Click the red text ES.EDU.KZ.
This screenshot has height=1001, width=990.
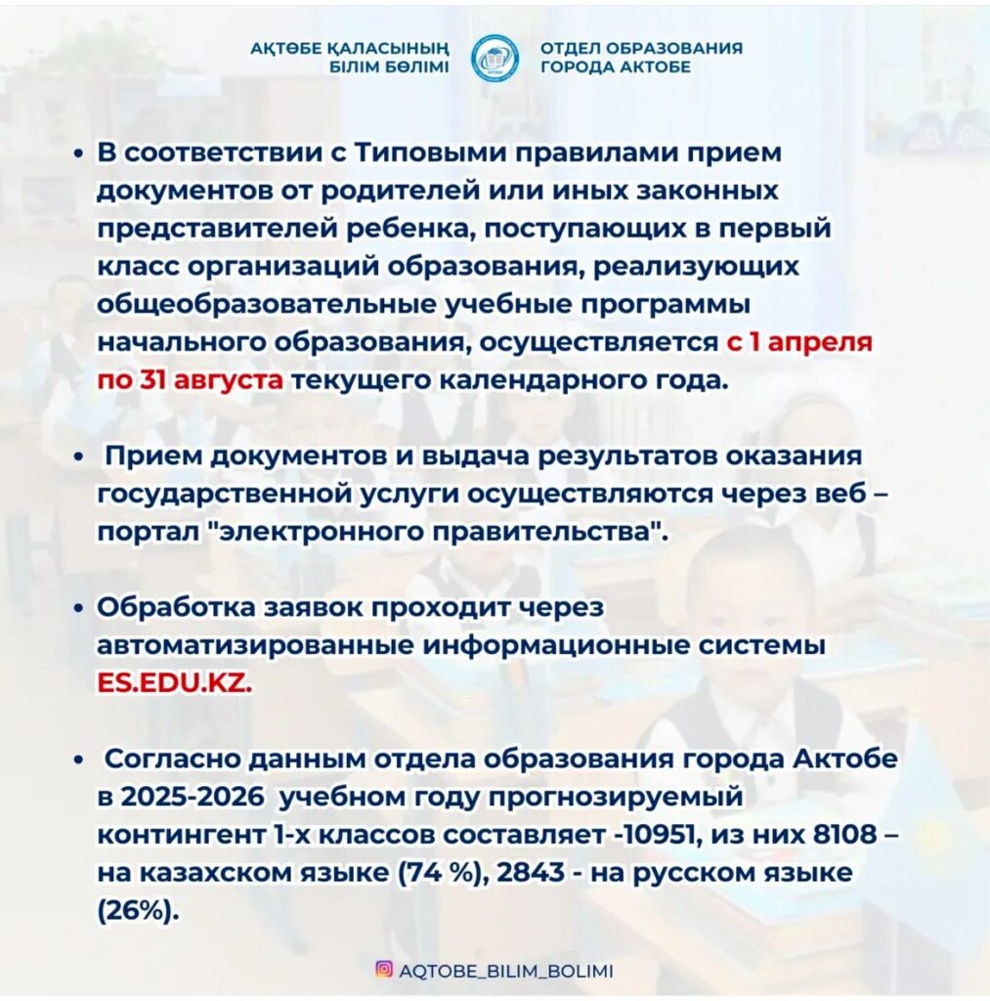174,683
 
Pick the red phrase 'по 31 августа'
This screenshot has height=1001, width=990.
191,379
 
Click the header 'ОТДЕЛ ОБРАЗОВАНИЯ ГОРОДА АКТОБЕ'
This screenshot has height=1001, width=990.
640,58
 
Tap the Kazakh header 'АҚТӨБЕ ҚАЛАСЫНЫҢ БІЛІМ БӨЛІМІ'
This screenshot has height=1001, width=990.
349,58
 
